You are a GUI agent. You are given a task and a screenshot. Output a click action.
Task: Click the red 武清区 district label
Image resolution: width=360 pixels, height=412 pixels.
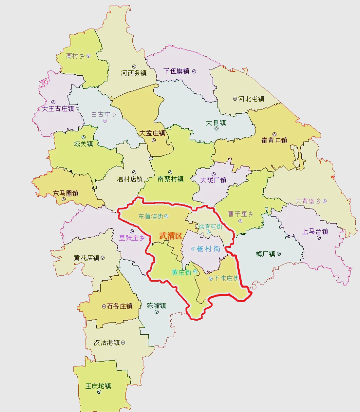[171, 236]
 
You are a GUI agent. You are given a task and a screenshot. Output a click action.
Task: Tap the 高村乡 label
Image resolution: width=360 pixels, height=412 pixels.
[75, 56]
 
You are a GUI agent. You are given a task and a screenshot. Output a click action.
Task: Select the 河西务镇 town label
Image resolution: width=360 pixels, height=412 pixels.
[134, 73]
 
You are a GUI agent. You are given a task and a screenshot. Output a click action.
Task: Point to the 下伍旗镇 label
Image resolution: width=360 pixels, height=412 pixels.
[176, 71]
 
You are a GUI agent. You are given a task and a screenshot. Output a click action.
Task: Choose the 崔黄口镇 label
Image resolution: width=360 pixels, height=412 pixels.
[274, 140]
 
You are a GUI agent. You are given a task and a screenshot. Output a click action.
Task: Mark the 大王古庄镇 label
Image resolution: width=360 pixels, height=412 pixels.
[58, 108]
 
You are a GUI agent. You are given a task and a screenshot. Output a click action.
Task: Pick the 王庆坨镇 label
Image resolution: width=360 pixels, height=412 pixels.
[98, 386]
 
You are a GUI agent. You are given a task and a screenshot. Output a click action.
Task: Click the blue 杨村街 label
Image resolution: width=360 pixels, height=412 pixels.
[208, 249]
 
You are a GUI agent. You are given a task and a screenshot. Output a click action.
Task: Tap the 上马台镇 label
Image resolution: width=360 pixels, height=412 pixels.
[315, 231]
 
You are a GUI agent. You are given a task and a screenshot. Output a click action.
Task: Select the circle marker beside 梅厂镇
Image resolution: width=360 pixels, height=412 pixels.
[279, 254]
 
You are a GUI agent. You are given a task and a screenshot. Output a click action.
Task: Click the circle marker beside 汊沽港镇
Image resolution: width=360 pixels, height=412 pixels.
[123, 343]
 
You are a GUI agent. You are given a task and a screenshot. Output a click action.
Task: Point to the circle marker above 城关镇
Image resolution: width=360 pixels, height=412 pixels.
[84, 137]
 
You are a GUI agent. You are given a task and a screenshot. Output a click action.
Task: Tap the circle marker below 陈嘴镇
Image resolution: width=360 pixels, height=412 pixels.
[157, 312]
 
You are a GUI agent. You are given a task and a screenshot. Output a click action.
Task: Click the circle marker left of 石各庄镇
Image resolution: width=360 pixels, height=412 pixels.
[104, 306]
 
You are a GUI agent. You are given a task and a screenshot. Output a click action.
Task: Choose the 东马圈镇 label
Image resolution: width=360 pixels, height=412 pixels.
[66, 193]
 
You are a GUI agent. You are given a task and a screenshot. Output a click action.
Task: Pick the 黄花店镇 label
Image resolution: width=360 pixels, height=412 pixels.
[87, 258]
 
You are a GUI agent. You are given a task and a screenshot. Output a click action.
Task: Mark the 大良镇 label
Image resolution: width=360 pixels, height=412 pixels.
[216, 122]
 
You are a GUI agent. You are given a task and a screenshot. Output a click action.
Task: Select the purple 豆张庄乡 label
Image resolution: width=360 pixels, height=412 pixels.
[132, 238]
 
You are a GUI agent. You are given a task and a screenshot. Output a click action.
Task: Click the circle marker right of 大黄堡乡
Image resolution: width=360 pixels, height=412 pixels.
[325, 201]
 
